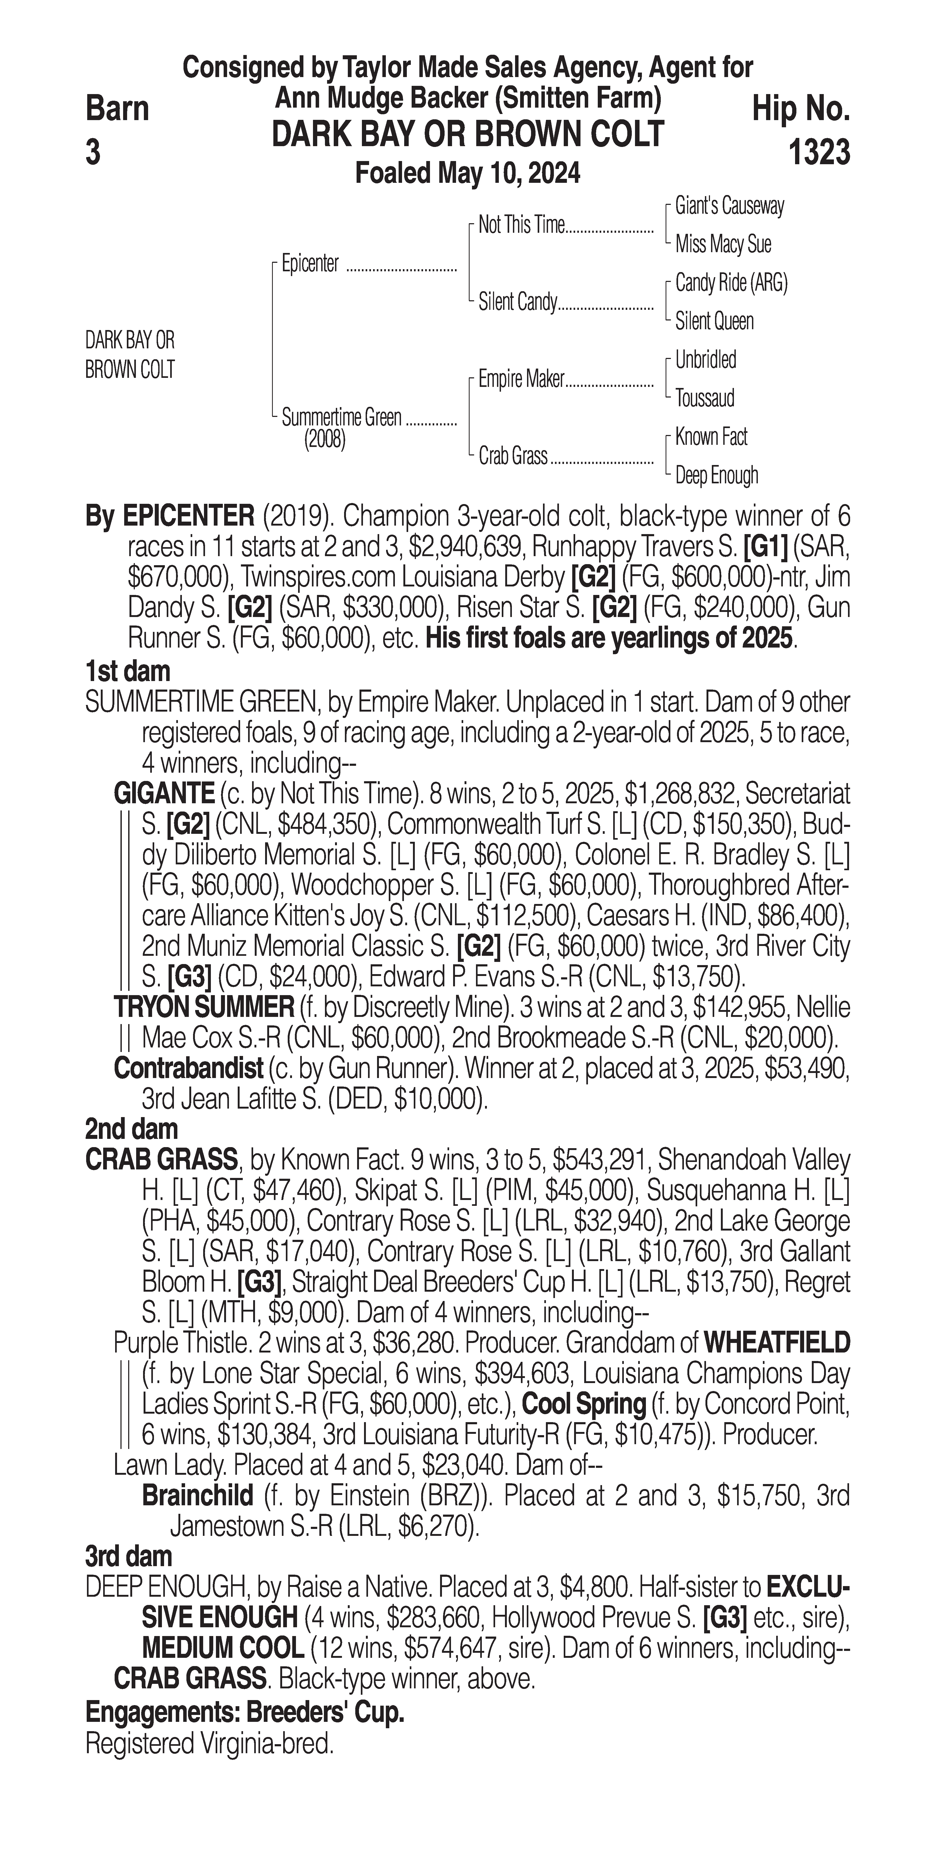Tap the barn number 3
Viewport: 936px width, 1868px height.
tap(93, 153)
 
